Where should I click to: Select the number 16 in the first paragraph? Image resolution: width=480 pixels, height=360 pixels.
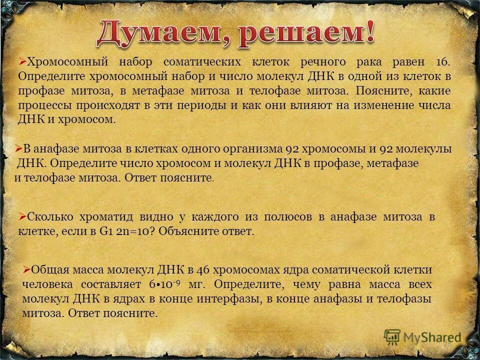(x=443, y=62)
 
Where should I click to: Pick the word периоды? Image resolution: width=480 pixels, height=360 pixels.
(x=159, y=105)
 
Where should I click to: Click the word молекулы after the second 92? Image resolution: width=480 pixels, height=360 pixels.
(x=423, y=149)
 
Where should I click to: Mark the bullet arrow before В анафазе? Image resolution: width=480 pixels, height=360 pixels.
(x=18, y=148)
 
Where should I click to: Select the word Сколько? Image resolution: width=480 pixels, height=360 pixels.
(x=51, y=217)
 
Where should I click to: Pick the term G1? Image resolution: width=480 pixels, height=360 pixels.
(x=105, y=232)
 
